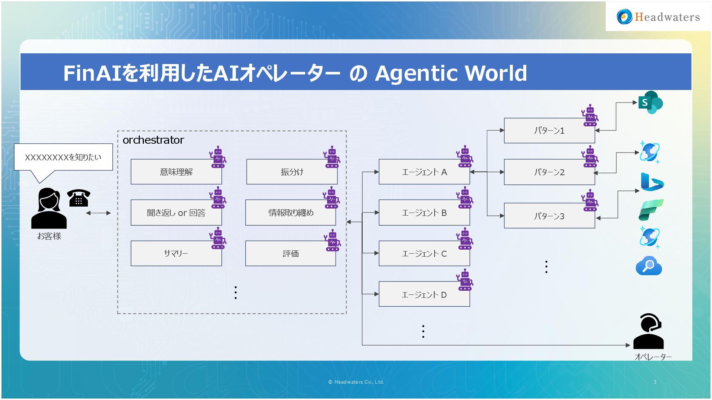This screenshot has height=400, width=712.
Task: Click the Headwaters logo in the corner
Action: click(658, 17)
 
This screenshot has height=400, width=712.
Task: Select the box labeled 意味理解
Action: click(176, 172)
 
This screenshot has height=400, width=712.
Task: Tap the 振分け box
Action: click(292, 172)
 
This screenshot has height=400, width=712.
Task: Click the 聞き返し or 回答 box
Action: click(176, 213)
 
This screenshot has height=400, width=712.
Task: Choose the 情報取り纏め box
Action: click(291, 213)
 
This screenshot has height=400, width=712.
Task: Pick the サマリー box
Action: click(176, 253)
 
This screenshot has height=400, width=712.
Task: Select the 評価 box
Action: click(291, 253)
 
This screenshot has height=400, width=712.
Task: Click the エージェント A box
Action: click(424, 172)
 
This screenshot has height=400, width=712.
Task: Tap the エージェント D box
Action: click(424, 294)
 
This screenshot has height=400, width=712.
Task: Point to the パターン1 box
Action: click(549, 131)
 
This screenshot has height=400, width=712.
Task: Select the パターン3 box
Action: click(549, 216)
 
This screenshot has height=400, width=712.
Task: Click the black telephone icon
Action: click(79, 198)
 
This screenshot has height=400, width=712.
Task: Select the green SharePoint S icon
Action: click(650, 102)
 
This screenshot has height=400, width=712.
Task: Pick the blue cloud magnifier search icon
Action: click(649, 266)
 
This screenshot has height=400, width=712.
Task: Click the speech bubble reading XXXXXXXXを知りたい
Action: click(63, 157)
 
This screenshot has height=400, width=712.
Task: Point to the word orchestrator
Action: click(153, 140)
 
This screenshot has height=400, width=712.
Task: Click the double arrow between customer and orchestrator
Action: click(98, 213)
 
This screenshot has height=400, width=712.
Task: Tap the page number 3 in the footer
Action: click(655, 382)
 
